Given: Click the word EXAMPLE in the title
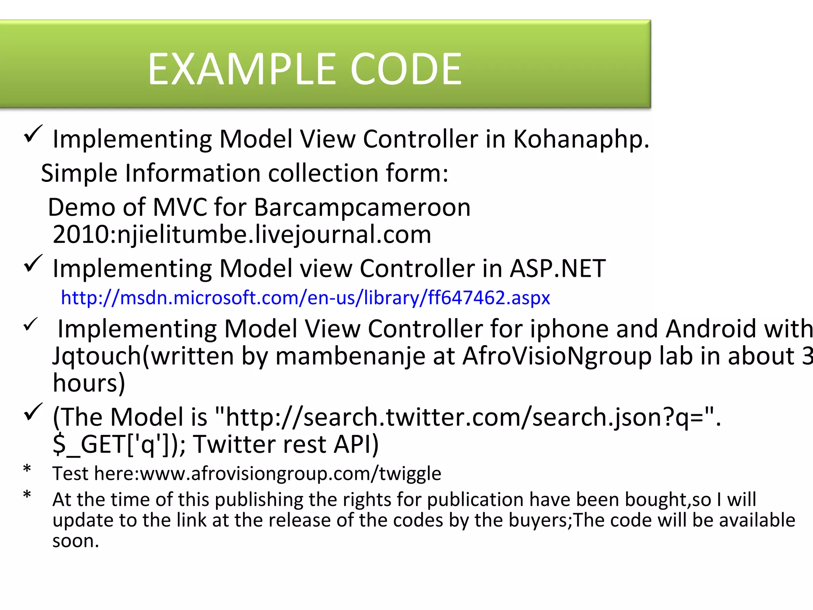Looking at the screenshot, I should [242, 69].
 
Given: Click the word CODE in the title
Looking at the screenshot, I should [406, 69].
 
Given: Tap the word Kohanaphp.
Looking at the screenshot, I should [581, 139].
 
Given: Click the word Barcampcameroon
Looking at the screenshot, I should [362, 207].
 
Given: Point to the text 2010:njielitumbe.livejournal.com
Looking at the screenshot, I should [242, 234].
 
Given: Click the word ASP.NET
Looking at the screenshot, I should [557, 268].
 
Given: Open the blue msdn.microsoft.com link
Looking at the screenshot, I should [305, 297].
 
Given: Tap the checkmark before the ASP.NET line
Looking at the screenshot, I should [33, 263].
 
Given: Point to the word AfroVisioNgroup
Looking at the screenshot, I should [557, 356].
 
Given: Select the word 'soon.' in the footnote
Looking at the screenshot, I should [75, 541].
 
